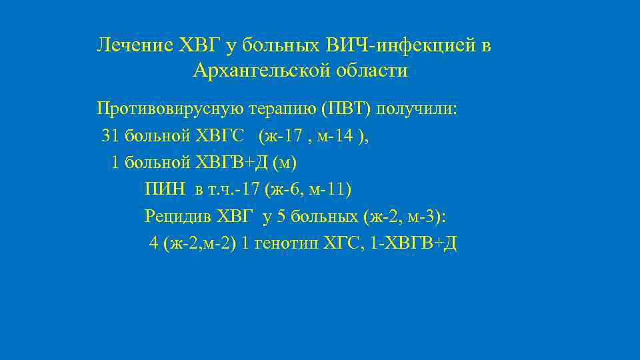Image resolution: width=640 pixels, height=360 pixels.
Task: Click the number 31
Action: pos(109,135)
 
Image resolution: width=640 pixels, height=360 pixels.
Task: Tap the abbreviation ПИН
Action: pos(164,190)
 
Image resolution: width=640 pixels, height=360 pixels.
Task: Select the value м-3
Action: pos(423,217)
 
